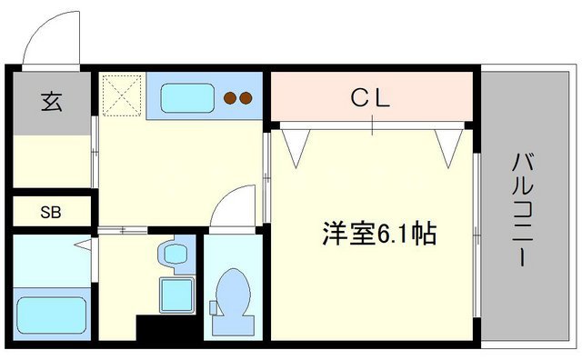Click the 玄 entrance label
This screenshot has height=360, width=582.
(x=50, y=101)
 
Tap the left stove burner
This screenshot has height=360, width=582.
(x=231, y=97)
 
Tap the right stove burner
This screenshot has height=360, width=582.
(x=246, y=97)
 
